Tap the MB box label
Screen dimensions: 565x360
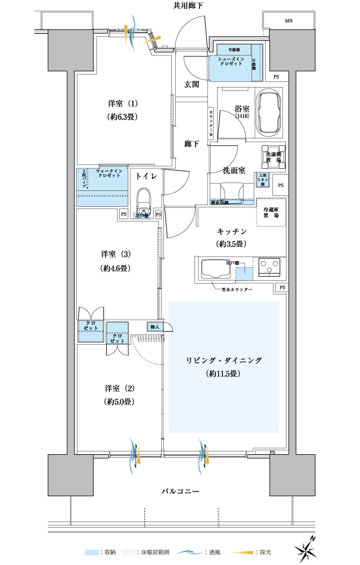(289, 21)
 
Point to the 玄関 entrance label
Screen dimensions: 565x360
(191, 85)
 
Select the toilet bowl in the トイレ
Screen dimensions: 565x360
(144, 199)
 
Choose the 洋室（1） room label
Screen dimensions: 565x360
(123, 104)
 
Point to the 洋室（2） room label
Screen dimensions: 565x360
(119, 389)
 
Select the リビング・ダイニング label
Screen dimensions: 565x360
(224, 360)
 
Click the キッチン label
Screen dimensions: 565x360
(232, 231)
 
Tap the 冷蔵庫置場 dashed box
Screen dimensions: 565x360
(271, 212)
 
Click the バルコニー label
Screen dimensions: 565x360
(180, 492)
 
